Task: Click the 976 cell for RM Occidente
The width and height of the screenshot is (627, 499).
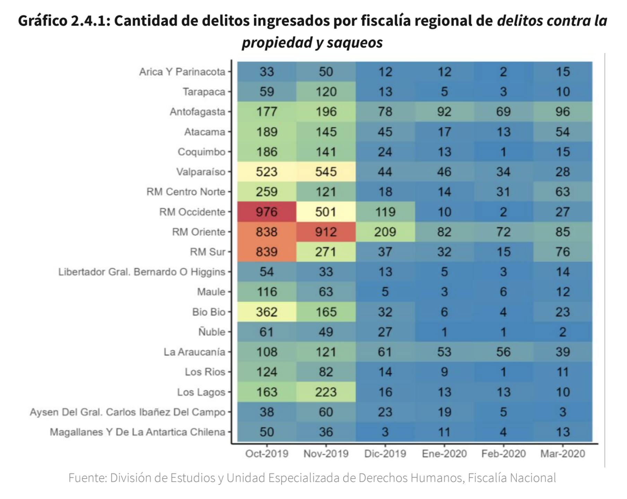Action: click(267, 212)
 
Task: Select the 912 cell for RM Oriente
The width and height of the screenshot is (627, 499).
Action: click(326, 232)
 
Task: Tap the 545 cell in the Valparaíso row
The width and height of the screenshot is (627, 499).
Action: click(326, 172)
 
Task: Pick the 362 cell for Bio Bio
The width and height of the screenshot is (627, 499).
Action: click(267, 312)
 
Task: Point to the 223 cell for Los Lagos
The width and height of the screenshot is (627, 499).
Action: click(326, 392)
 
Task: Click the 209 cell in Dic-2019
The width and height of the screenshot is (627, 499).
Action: click(385, 232)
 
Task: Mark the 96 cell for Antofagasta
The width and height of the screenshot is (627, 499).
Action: click(563, 112)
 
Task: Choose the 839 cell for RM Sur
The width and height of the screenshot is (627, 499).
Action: click(267, 252)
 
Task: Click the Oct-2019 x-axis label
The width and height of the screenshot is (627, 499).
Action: click(267, 454)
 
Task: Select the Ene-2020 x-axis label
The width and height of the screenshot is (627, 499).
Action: click(444, 454)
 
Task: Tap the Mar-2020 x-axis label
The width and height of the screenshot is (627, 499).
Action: click(563, 454)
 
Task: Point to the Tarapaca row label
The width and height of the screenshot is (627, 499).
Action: click(204, 92)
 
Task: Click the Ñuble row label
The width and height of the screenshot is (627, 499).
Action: click(211, 332)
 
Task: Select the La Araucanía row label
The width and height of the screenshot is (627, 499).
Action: click(194, 352)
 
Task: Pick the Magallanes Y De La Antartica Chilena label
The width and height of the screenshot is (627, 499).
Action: click(137, 432)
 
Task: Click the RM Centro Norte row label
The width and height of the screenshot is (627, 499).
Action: click(186, 192)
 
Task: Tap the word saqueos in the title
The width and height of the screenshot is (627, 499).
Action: click(355, 43)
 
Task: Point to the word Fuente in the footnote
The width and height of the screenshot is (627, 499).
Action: click(87, 478)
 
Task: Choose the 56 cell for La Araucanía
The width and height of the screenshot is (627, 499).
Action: click(503, 352)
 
